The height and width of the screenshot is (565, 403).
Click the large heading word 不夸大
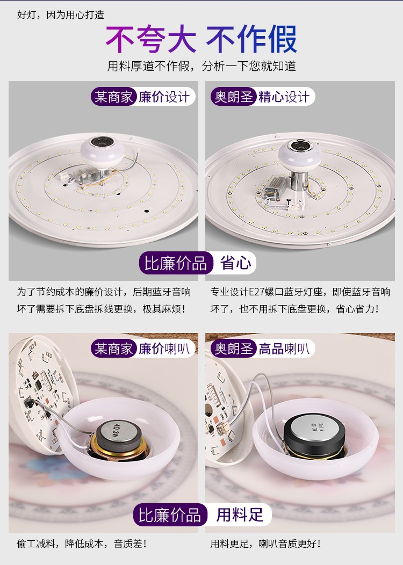(x=150, y=39)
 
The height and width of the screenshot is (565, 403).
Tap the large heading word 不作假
(x=251, y=39)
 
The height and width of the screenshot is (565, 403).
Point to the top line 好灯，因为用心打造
(x=61, y=15)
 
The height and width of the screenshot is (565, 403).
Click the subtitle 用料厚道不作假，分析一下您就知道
(x=201, y=66)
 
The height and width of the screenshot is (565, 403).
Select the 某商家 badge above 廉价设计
(x=113, y=97)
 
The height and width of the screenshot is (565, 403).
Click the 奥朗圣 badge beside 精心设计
(x=234, y=97)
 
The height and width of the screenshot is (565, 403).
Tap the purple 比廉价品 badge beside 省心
(x=176, y=263)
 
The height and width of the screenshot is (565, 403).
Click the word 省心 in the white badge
(x=236, y=263)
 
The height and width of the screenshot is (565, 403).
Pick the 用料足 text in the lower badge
(x=240, y=515)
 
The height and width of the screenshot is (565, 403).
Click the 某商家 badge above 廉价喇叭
(x=113, y=349)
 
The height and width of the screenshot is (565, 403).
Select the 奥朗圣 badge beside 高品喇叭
(x=234, y=349)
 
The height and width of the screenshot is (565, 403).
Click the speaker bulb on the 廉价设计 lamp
(x=102, y=152)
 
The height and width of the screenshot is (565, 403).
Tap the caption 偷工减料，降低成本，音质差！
(x=82, y=544)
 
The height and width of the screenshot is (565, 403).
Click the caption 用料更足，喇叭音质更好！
(x=265, y=544)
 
